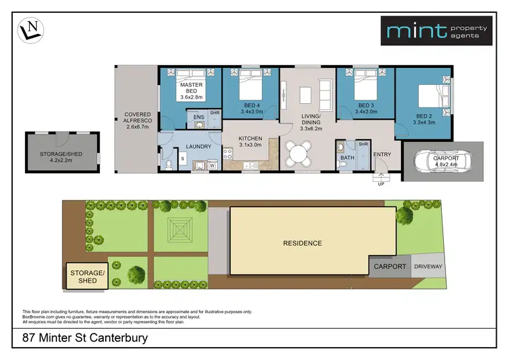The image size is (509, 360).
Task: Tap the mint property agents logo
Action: coord(436,31)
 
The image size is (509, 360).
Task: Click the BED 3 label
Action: coord(366,106)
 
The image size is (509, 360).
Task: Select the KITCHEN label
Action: coord(250,139)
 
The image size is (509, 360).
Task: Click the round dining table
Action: coord(297,154)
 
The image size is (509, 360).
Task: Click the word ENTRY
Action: coord(382,154)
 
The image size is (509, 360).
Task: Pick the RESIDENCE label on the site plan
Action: coord(302,242)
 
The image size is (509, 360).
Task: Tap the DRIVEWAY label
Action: coord(428,266)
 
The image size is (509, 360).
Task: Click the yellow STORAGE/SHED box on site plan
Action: coord(88,276)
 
